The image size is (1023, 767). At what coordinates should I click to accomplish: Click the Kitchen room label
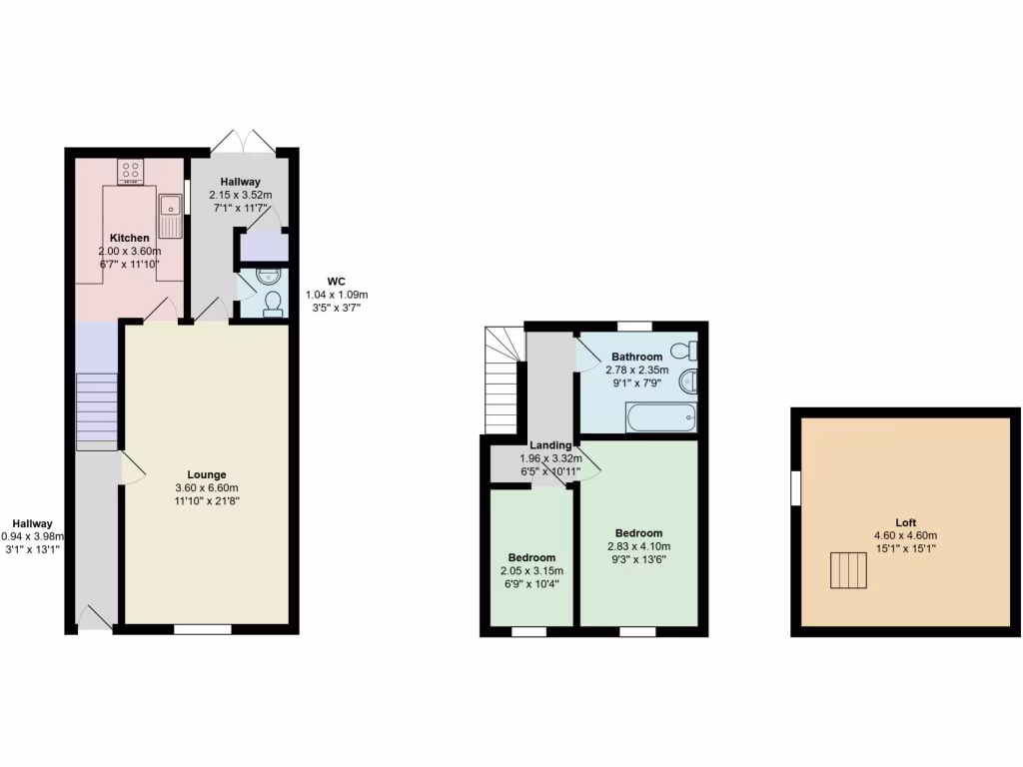pyautogui.click(x=130, y=238)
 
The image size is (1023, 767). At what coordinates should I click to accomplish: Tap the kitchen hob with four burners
pyautogui.click(x=131, y=171)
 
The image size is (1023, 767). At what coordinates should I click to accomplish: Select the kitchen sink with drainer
pyautogui.click(x=169, y=216)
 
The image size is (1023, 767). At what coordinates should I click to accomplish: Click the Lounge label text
pyautogui.click(x=207, y=474)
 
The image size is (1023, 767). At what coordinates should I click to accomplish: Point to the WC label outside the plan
pyautogui.click(x=337, y=282)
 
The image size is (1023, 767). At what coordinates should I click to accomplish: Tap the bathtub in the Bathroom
pyautogui.click(x=661, y=418)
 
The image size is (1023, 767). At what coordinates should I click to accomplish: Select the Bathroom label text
pyautogui.click(x=636, y=357)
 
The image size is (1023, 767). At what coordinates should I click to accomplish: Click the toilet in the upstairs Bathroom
pyautogui.click(x=684, y=352)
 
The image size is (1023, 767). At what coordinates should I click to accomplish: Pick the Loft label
pyautogui.click(x=906, y=522)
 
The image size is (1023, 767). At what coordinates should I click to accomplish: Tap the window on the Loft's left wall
pyautogui.click(x=795, y=487)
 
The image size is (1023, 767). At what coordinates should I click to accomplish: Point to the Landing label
pyautogui.click(x=550, y=445)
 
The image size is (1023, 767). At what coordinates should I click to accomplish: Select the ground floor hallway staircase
pyautogui.click(x=97, y=409)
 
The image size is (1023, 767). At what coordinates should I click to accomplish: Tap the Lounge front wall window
pyautogui.click(x=202, y=629)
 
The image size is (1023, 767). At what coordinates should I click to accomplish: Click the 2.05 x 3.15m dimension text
pyautogui.click(x=532, y=571)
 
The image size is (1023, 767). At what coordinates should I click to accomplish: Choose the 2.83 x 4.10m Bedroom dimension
pyautogui.click(x=638, y=546)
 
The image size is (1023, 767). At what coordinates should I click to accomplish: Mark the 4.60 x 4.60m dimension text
pyautogui.click(x=906, y=535)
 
